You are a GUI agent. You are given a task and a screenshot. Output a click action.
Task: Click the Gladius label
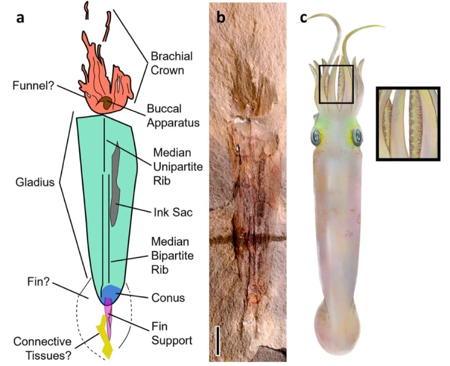tap(34, 183)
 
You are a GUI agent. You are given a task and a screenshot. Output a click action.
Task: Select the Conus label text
tap(169, 298)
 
